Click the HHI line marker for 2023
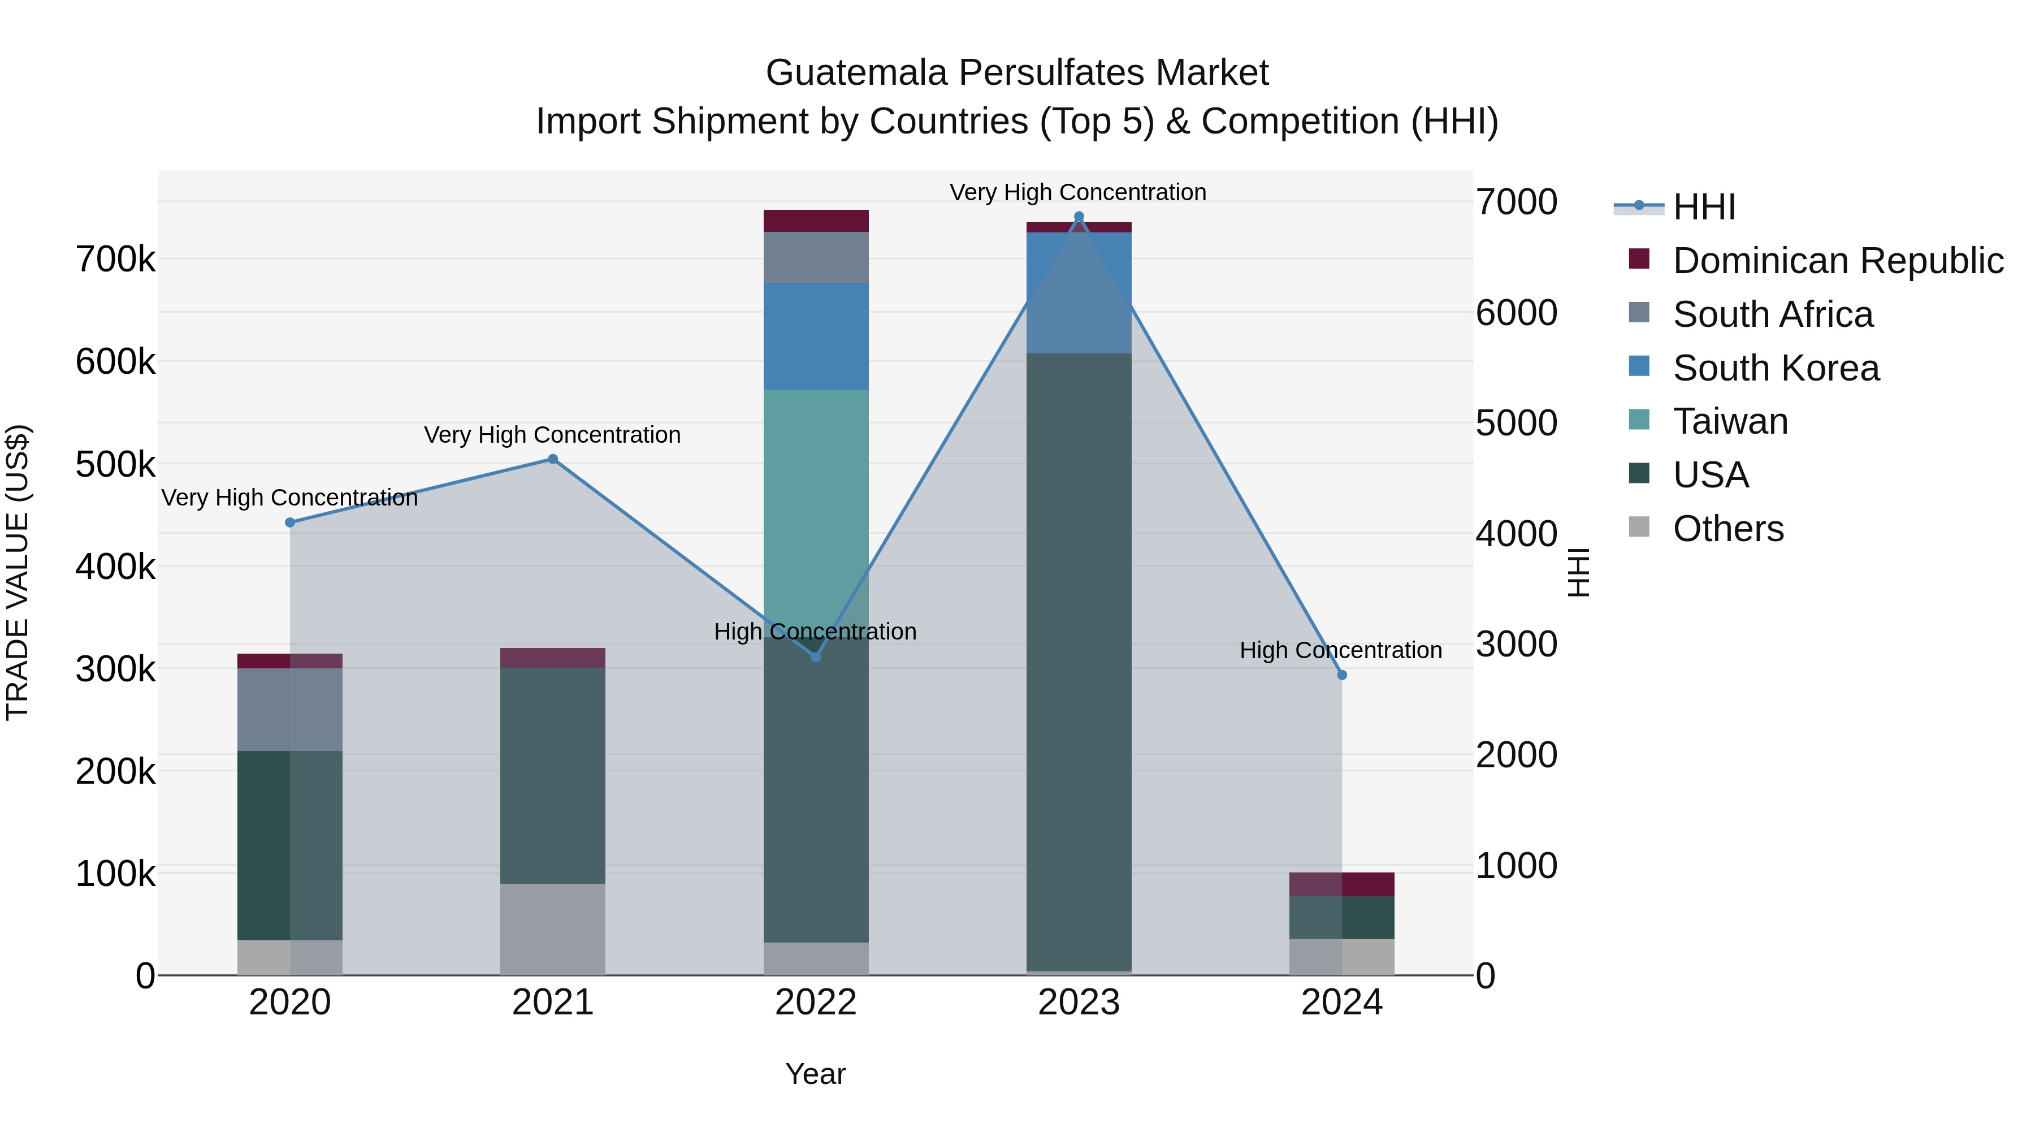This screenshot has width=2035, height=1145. (x=1079, y=217)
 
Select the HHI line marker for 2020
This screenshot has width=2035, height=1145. (x=290, y=522)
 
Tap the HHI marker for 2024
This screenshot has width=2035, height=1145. (x=1341, y=675)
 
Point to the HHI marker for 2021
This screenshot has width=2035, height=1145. (x=553, y=459)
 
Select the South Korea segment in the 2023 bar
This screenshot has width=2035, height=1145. (x=1079, y=292)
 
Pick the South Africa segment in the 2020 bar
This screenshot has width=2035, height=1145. (x=290, y=709)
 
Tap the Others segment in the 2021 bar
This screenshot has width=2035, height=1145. (x=553, y=928)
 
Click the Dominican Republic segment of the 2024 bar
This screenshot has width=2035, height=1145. (x=1341, y=884)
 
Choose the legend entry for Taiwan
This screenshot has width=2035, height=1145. (x=1730, y=421)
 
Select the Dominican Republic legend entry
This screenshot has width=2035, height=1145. (x=1838, y=261)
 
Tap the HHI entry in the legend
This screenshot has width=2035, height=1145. (x=1703, y=207)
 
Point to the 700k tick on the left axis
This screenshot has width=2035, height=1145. (x=115, y=259)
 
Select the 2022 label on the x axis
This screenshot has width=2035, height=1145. (x=816, y=1003)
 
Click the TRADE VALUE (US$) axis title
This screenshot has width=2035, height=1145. (x=18, y=572)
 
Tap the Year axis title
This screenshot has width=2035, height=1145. (x=815, y=1074)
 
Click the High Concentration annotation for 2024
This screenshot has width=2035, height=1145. (x=1341, y=650)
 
